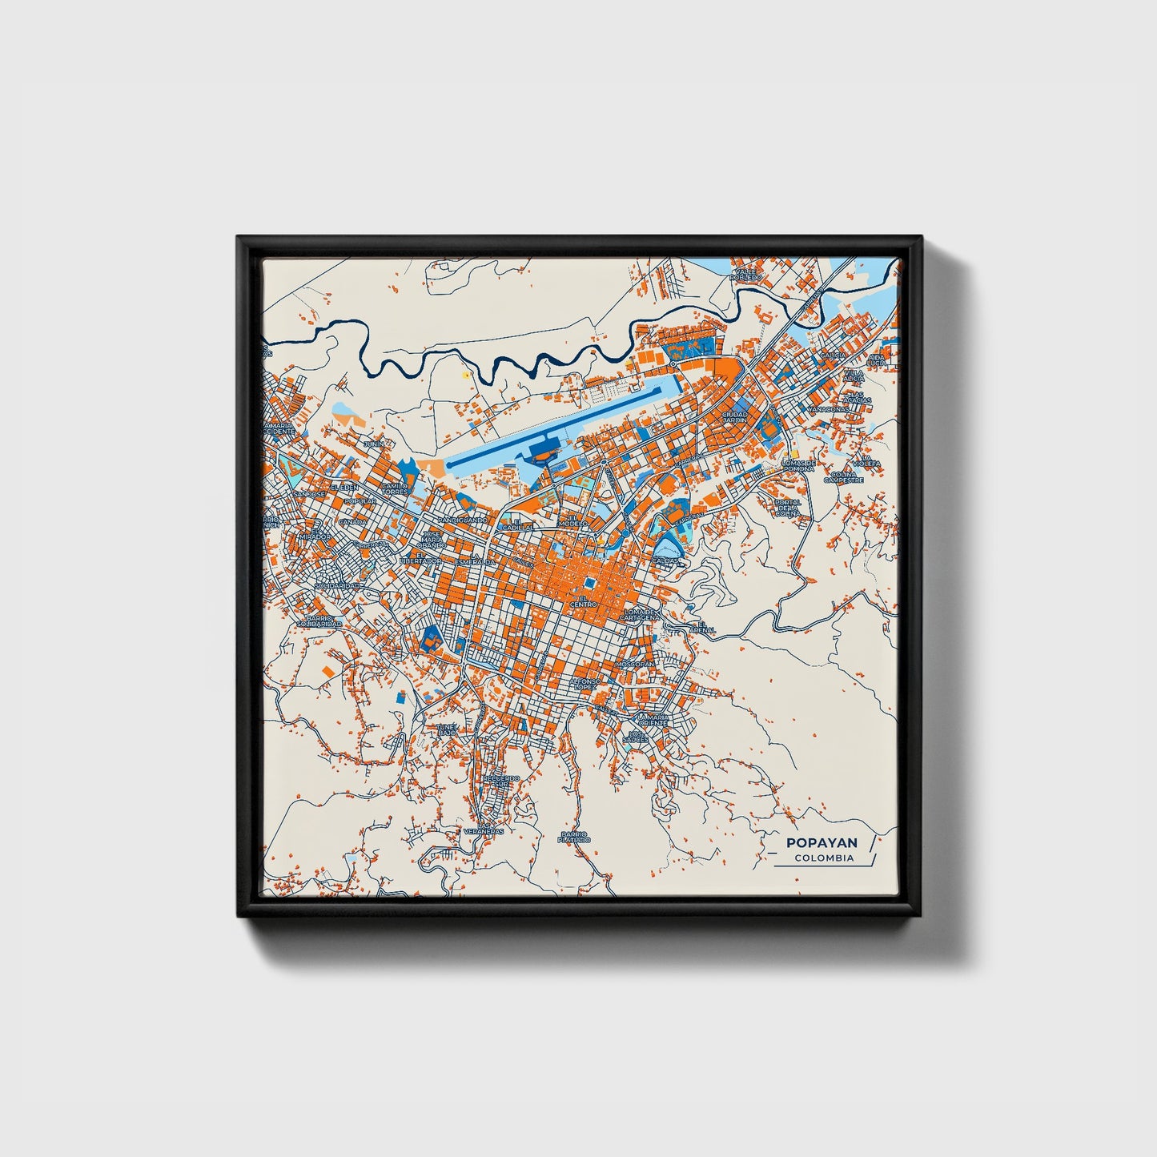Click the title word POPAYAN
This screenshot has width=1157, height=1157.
tap(822, 842)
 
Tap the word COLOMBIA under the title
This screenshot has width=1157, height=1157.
tap(824, 858)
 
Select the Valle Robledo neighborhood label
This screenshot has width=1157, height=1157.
tap(745, 275)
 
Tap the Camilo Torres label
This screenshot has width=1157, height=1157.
tap(395, 488)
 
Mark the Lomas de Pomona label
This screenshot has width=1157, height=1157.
tap(798, 465)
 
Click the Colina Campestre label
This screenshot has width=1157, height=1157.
tap(843, 478)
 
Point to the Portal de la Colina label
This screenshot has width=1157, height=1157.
tap(787, 508)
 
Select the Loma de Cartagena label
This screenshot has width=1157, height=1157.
tap(641, 614)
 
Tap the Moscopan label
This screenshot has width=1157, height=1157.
tap(636, 664)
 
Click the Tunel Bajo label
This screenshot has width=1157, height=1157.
tap(446, 729)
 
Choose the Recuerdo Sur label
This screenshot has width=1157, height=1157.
tap(501, 781)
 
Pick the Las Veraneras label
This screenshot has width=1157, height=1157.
tap(484, 829)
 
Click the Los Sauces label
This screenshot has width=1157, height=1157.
tap(637, 736)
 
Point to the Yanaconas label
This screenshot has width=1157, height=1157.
tap(827, 408)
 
